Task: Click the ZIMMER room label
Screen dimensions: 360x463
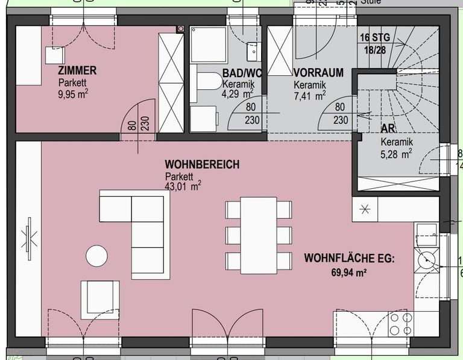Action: click(x=77, y=71)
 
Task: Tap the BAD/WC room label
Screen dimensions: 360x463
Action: click(x=242, y=73)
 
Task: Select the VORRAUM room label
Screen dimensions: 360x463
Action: click(x=318, y=73)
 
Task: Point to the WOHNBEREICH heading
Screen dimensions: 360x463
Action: click(x=202, y=165)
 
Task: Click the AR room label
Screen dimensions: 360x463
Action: click(x=387, y=129)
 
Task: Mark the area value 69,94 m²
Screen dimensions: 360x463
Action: click(x=349, y=273)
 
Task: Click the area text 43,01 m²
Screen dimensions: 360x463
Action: click(x=183, y=187)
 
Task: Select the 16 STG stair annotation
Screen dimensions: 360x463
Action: click(x=374, y=37)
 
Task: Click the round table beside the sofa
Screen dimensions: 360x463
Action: click(x=97, y=256)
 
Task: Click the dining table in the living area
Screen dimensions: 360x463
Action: click(x=259, y=235)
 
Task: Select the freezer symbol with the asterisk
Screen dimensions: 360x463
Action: click(x=365, y=210)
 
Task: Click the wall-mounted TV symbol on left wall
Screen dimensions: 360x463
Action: click(x=28, y=236)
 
